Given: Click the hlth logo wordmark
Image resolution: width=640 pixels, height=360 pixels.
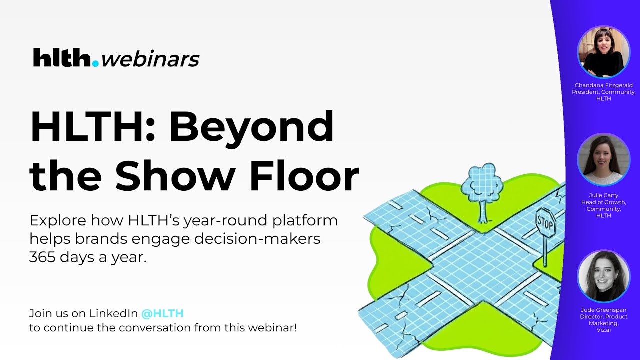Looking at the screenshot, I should (62, 58).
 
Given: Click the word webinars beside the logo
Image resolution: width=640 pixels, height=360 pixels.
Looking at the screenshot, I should (150, 59).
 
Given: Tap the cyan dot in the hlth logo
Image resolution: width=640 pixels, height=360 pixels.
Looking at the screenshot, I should (95, 64).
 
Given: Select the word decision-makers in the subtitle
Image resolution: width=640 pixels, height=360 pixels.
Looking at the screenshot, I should (257, 239).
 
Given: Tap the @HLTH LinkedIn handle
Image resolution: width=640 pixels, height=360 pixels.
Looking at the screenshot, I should (162, 314).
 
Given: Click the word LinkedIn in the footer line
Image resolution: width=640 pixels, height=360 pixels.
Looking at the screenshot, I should (113, 314).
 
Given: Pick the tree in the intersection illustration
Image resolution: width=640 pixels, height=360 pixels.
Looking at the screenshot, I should (481, 190).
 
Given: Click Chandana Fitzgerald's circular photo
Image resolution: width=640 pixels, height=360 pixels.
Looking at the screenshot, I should (603, 52).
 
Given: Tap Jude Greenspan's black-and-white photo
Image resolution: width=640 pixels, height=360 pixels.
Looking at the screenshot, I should (603, 276).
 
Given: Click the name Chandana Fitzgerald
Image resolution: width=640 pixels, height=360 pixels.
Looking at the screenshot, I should (603, 85).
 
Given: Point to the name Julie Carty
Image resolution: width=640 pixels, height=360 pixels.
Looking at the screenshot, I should (603, 195).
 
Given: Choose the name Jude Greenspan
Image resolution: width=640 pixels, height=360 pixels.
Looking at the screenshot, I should (603, 310).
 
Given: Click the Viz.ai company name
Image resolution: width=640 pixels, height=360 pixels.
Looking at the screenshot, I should (603, 330).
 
